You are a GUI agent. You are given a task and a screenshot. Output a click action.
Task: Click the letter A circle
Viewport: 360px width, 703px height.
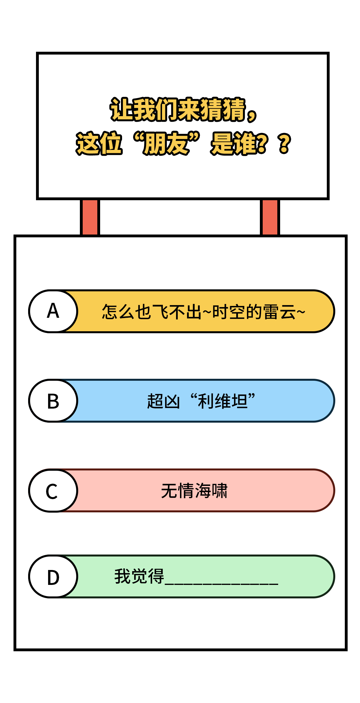[53, 311]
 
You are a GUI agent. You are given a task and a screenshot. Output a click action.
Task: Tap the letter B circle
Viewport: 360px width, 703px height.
[53, 401]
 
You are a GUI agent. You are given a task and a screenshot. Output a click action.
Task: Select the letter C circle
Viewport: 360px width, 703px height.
[53, 490]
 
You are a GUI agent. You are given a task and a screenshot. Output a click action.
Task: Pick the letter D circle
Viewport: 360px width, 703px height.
[53, 576]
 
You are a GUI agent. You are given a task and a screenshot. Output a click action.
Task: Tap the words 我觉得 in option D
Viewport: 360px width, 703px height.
[139, 576]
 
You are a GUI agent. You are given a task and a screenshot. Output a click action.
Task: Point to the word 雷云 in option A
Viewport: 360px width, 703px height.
[280, 312]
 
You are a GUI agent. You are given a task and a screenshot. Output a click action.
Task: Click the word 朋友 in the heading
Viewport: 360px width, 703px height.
[166, 143]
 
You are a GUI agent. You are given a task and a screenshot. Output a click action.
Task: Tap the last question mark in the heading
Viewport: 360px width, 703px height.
[285, 143]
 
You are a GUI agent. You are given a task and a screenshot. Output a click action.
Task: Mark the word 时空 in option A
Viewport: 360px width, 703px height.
[229, 312]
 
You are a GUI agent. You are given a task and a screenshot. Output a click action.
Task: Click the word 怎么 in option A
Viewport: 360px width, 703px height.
[118, 312]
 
